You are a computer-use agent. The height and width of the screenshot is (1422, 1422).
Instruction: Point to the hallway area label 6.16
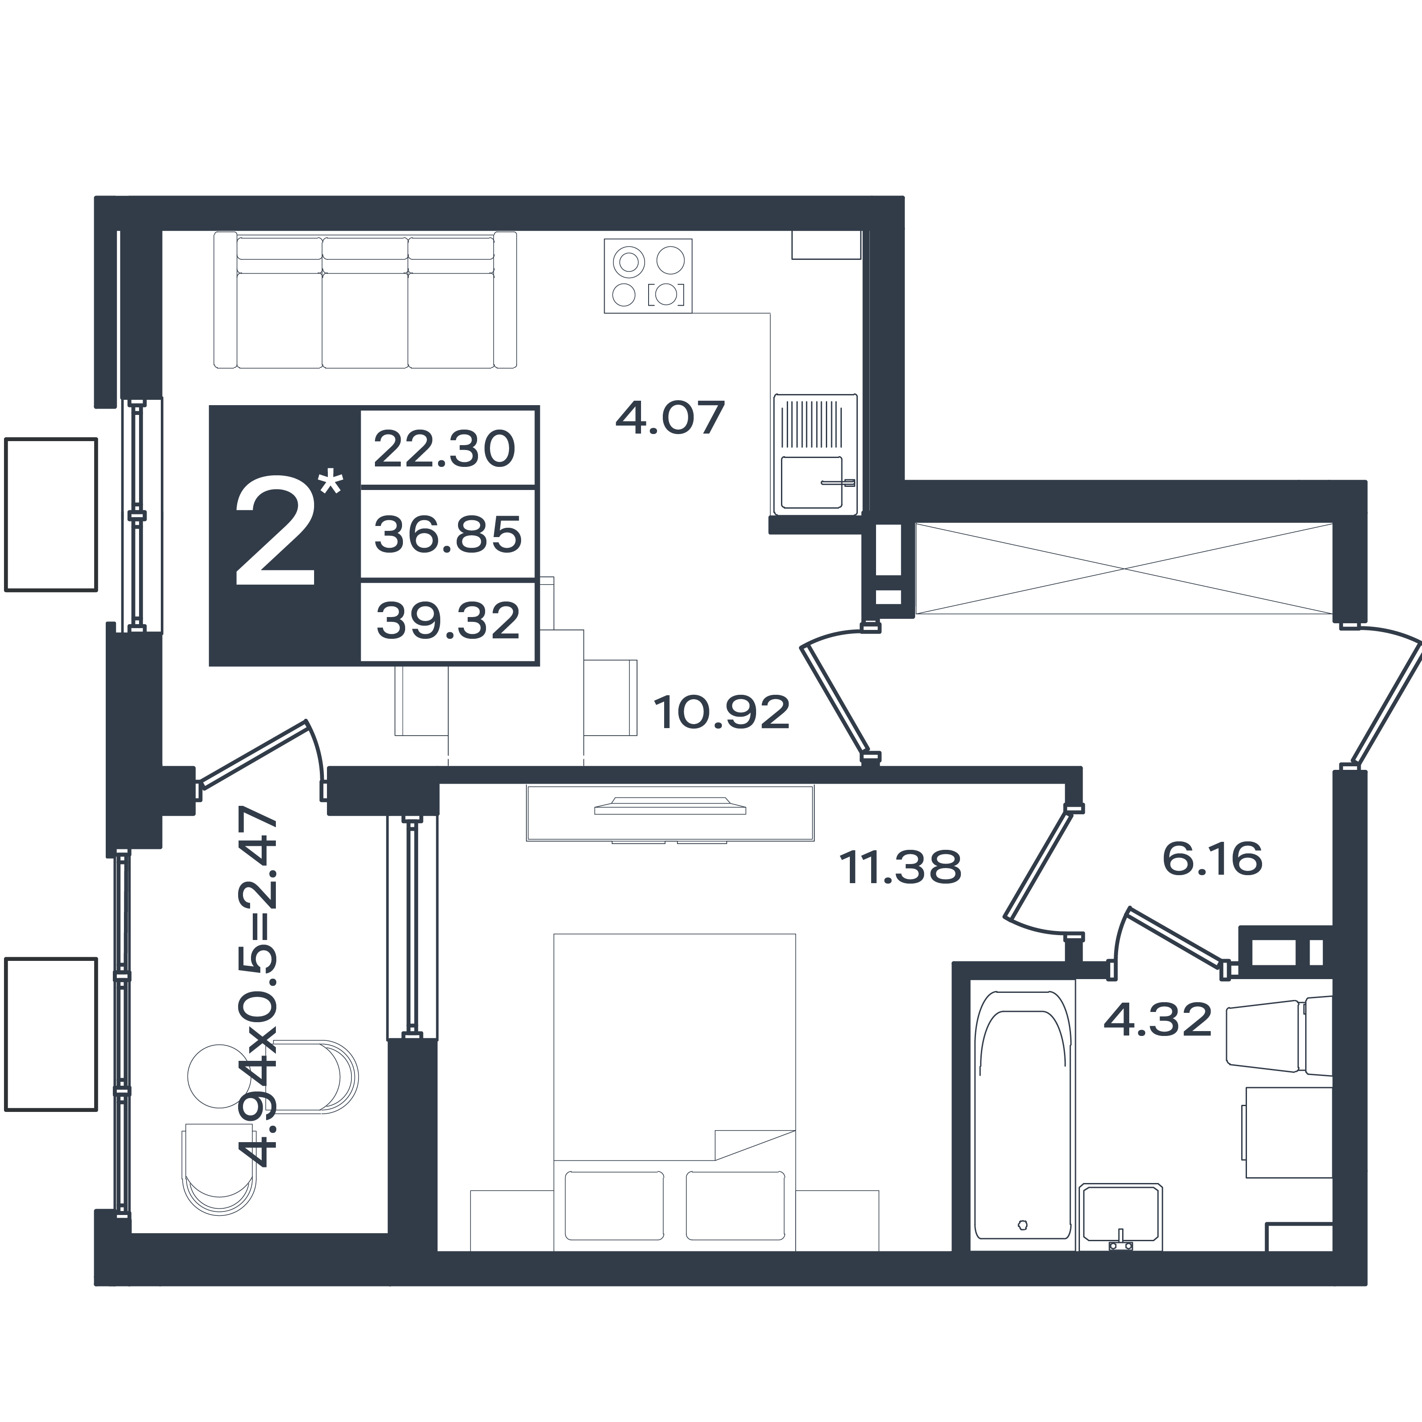[1212, 858]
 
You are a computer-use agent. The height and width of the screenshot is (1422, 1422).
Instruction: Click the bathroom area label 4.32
[1158, 1020]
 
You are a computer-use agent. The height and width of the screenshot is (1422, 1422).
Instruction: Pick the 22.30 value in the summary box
[445, 449]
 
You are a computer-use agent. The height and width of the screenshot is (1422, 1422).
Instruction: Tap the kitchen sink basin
[811, 482]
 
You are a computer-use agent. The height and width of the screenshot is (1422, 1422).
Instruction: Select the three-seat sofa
[365, 300]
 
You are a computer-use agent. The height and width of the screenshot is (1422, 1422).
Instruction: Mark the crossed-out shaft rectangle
[1124, 568]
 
